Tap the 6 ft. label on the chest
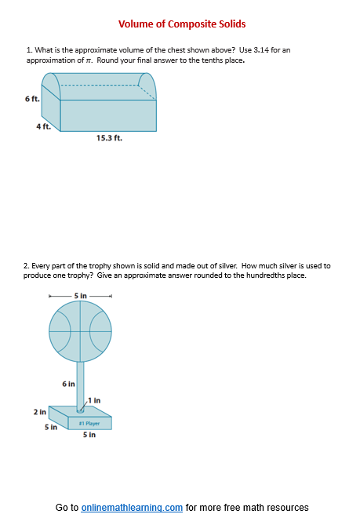pyautogui.click(x=31, y=98)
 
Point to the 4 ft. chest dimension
pyautogui.click(x=43, y=127)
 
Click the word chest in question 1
pyautogui.click(x=165, y=50)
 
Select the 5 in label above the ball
pyautogui.click(x=81, y=295)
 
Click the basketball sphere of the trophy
pyautogui.click(x=81, y=330)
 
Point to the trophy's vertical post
pyautogui.click(x=80, y=384)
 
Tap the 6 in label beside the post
pyautogui.click(x=68, y=384)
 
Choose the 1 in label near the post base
pyautogui.click(x=95, y=400)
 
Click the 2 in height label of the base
pyautogui.click(x=39, y=411)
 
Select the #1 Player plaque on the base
pyautogui.click(x=89, y=423)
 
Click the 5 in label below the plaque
pyautogui.click(x=89, y=435)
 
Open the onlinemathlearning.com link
pyautogui.click(x=132, y=508)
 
